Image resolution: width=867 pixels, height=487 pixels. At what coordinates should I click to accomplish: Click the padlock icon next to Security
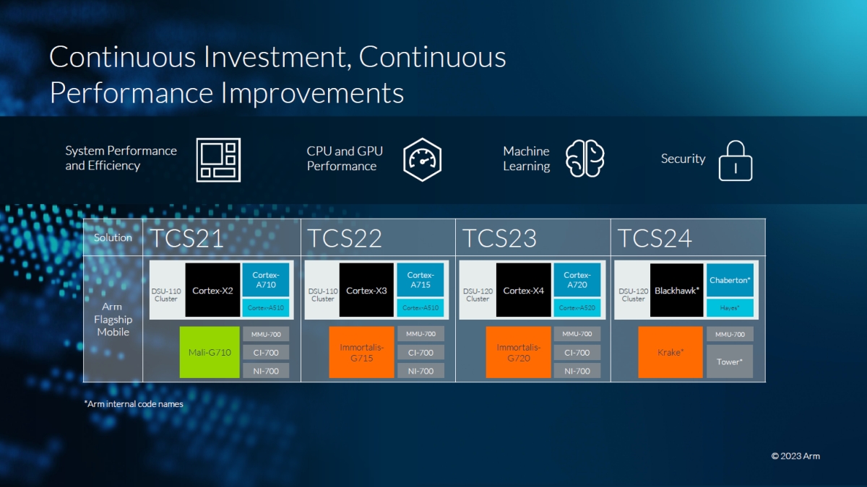(x=736, y=161)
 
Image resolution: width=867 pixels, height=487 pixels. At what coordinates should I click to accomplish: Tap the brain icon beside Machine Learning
(x=585, y=159)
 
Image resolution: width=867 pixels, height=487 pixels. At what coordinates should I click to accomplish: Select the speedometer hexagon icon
(x=422, y=159)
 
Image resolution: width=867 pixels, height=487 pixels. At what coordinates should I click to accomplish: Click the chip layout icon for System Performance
(x=218, y=159)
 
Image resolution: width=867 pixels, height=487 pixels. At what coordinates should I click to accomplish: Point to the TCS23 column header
(x=500, y=237)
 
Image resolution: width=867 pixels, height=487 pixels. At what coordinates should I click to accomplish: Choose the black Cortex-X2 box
(x=212, y=290)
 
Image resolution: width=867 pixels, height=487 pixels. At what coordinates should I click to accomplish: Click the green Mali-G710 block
(x=210, y=352)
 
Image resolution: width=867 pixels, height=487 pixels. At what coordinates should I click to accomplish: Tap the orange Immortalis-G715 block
(x=361, y=352)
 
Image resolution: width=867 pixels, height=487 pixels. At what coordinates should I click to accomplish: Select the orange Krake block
(x=670, y=352)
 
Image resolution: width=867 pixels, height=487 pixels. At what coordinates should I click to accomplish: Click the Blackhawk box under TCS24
(x=676, y=290)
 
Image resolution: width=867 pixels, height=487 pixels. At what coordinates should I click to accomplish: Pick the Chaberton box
(x=730, y=280)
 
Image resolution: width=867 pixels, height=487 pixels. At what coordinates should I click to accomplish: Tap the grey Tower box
(x=730, y=361)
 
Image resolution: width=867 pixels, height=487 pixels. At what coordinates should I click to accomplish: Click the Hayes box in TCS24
(x=730, y=308)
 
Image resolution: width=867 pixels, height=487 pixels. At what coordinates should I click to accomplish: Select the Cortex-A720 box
(x=577, y=280)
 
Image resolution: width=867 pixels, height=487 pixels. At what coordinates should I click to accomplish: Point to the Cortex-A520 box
(x=577, y=308)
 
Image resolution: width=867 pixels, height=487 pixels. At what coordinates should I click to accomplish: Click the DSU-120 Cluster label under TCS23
(x=478, y=294)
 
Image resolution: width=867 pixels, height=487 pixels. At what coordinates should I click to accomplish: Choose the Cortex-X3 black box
(x=366, y=290)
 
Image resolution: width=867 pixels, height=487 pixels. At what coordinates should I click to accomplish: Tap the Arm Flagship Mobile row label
(x=113, y=319)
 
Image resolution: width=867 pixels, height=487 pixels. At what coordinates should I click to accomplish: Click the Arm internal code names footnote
(x=134, y=404)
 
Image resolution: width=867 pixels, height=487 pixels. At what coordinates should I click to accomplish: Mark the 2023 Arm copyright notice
(x=795, y=456)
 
